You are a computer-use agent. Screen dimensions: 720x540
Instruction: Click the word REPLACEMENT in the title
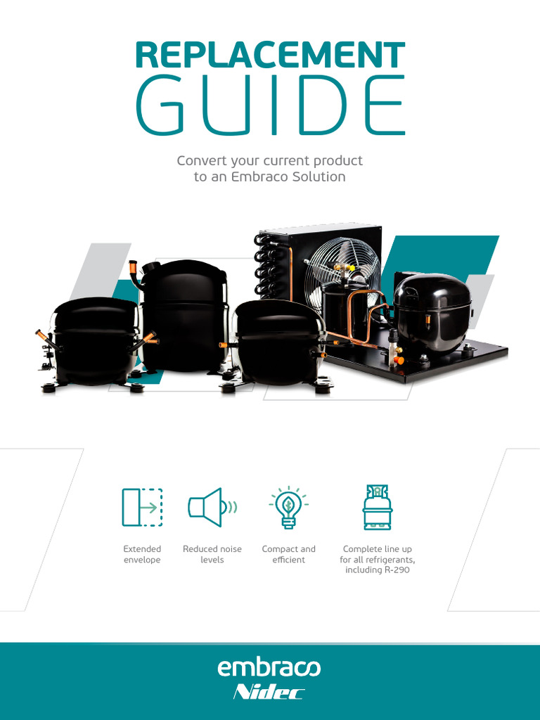pyautogui.click(x=270, y=56)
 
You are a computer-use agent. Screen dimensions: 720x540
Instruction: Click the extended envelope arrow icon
pyautogui.click(x=142, y=507)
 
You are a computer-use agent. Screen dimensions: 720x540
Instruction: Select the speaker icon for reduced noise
pyautogui.click(x=211, y=507)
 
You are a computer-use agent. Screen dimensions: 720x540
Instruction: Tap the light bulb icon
pyautogui.click(x=288, y=507)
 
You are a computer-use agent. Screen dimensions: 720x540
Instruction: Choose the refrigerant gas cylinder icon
pyautogui.click(x=377, y=507)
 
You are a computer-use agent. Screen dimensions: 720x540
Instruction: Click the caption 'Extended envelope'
pyautogui.click(x=142, y=554)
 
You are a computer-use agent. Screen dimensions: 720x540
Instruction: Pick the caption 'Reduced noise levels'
pyautogui.click(x=212, y=554)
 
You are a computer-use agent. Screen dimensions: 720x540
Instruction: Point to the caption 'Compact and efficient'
pyautogui.click(x=288, y=554)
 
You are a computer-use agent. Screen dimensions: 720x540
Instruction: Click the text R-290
pyautogui.click(x=397, y=570)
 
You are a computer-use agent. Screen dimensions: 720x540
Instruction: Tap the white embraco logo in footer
pyautogui.click(x=269, y=667)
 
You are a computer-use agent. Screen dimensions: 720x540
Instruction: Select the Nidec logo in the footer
pyautogui.click(x=269, y=693)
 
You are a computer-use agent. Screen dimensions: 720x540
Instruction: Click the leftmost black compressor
pyautogui.click(x=96, y=341)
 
